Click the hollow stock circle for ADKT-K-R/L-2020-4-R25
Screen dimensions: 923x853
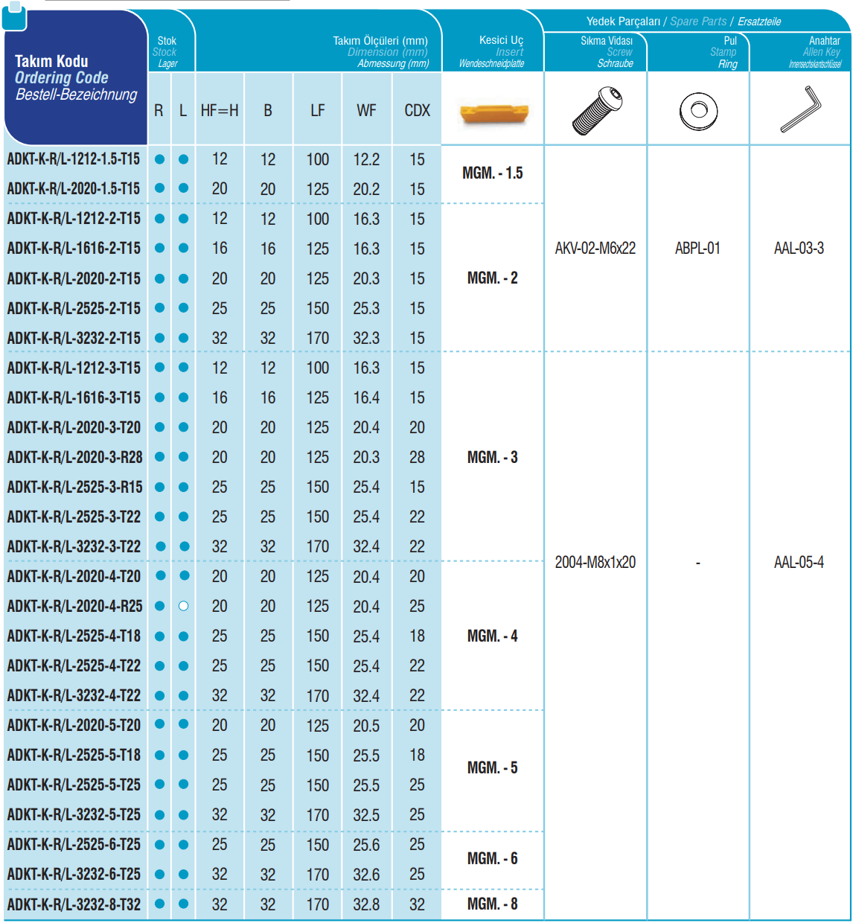[x=184, y=606]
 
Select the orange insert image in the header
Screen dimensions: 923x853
[x=493, y=112]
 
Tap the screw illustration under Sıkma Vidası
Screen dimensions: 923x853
[x=597, y=110]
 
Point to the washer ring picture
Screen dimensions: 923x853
[x=698, y=111]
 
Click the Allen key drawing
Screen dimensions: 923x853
[x=801, y=109]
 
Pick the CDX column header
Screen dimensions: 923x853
[x=417, y=111]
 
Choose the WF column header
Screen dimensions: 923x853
[x=366, y=111]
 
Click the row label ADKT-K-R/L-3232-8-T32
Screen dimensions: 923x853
[x=74, y=904]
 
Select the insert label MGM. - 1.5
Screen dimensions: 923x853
[x=493, y=173]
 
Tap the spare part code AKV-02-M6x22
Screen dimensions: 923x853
[x=595, y=249]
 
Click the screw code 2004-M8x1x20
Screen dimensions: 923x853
[x=595, y=563]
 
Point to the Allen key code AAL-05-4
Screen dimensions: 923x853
[x=799, y=563]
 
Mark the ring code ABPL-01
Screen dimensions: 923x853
[x=697, y=249]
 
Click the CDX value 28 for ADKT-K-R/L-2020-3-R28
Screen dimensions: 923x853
[x=417, y=457]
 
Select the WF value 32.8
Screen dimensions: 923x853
[x=366, y=904]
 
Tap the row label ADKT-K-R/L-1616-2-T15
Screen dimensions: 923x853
[x=74, y=249]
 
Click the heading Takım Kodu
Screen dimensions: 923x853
[x=51, y=61]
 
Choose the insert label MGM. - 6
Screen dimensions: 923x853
[x=493, y=859]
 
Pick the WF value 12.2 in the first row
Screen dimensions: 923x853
[x=366, y=159]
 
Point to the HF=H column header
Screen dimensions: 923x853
[x=220, y=111]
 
